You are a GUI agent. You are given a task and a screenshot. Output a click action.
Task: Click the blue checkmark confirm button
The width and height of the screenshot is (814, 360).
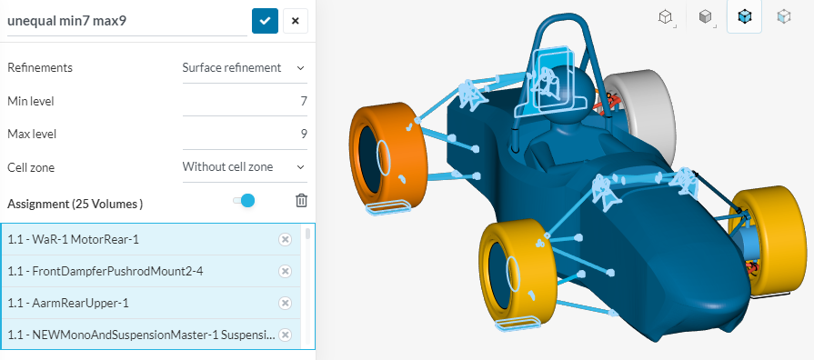coord(265,21)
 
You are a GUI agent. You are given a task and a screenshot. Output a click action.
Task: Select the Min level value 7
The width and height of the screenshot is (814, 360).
coord(304,101)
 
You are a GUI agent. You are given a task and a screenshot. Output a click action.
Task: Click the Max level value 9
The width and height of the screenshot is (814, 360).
coord(304,135)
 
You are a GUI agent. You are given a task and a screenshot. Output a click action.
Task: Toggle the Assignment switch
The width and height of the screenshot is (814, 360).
coord(244,201)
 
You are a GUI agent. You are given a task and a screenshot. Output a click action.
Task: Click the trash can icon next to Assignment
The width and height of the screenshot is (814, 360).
coord(301,201)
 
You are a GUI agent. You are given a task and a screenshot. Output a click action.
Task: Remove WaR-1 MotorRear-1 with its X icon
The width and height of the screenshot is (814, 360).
coord(285,239)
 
